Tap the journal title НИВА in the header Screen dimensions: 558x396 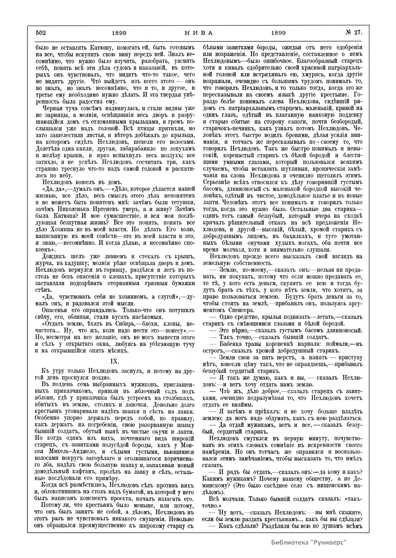click(x=198, y=33)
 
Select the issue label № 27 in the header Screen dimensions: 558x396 click(x=354, y=33)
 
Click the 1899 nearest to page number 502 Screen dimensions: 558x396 click(x=119, y=33)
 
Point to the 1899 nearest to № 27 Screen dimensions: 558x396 click(x=278, y=33)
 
